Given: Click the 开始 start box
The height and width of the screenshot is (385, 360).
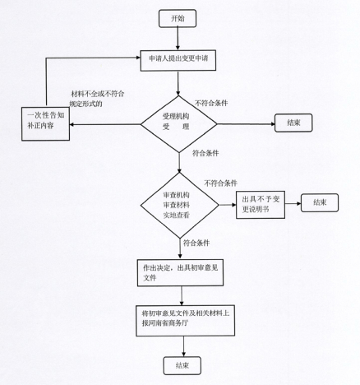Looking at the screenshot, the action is (x=178, y=18).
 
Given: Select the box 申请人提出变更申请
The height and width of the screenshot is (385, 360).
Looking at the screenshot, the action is (x=178, y=60).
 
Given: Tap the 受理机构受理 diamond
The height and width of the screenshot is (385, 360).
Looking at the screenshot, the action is (x=178, y=124).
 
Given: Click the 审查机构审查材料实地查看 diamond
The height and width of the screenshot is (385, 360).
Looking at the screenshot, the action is (x=180, y=205).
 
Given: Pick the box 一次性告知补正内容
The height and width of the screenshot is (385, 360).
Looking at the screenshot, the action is (x=45, y=123).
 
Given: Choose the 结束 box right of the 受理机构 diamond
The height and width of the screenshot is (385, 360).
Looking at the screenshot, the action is (x=293, y=123).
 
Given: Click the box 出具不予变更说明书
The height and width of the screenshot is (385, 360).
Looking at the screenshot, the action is (x=261, y=205).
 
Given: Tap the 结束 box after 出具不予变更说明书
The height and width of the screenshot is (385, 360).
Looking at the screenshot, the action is (x=320, y=202).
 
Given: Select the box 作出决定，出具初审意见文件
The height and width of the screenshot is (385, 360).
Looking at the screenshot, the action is (x=180, y=272).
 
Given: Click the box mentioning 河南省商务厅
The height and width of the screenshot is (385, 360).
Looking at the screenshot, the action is (x=186, y=321).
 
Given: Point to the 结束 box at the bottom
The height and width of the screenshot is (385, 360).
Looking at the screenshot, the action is (x=182, y=365).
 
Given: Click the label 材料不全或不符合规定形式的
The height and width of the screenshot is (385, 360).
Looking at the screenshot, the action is (x=97, y=99).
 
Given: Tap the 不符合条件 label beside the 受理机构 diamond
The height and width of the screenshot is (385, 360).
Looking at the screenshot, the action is (x=211, y=103).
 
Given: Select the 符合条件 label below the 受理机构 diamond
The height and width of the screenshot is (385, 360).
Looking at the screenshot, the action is (x=205, y=153).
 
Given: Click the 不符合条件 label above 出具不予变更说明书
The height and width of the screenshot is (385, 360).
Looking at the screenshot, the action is (x=220, y=183).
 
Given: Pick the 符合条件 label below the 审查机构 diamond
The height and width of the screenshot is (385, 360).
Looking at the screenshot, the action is (x=196, y=243).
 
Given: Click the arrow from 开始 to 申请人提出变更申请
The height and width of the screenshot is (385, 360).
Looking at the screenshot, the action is (x=178, y=39).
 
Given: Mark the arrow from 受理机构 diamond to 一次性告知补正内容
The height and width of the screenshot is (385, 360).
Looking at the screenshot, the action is (x=105, y=124).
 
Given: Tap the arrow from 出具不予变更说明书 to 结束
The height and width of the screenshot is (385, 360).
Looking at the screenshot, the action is (x=293, y=204).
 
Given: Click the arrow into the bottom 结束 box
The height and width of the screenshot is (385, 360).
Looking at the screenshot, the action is (x=183, y=346).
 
